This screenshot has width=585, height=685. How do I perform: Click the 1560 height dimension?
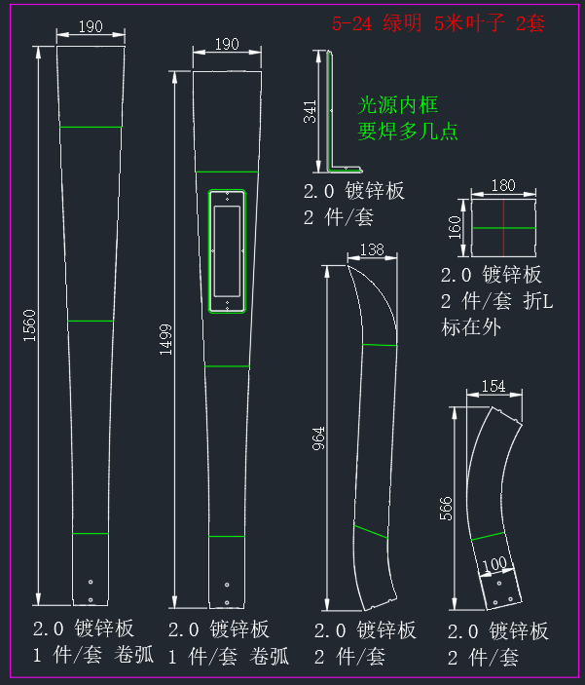(29, 325)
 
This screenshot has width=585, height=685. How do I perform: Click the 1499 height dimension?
(165, 339)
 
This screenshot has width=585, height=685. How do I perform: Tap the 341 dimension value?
(310, 111)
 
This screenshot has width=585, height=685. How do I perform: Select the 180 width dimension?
(503, 186)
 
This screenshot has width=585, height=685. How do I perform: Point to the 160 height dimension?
(455, 228)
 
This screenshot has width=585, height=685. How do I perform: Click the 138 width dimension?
(372, 249)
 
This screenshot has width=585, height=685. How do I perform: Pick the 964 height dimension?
(318, 438)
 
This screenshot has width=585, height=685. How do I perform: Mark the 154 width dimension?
(494, 386)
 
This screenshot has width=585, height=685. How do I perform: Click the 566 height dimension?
(446, 509)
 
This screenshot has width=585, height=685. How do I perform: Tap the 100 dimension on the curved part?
(494, 564)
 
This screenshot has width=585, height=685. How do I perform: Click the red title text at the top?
(438, 22)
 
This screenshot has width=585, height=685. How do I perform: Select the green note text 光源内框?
(397, 105)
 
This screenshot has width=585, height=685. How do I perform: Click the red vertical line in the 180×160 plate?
(503, 228)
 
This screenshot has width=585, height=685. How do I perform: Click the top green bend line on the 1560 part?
(91, 127)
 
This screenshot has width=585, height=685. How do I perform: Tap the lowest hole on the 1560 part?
(91, 600)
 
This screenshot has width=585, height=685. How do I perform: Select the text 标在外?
(471, 327)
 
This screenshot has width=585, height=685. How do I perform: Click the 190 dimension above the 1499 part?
(227, 44)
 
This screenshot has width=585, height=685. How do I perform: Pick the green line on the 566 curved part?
(488, 536)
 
